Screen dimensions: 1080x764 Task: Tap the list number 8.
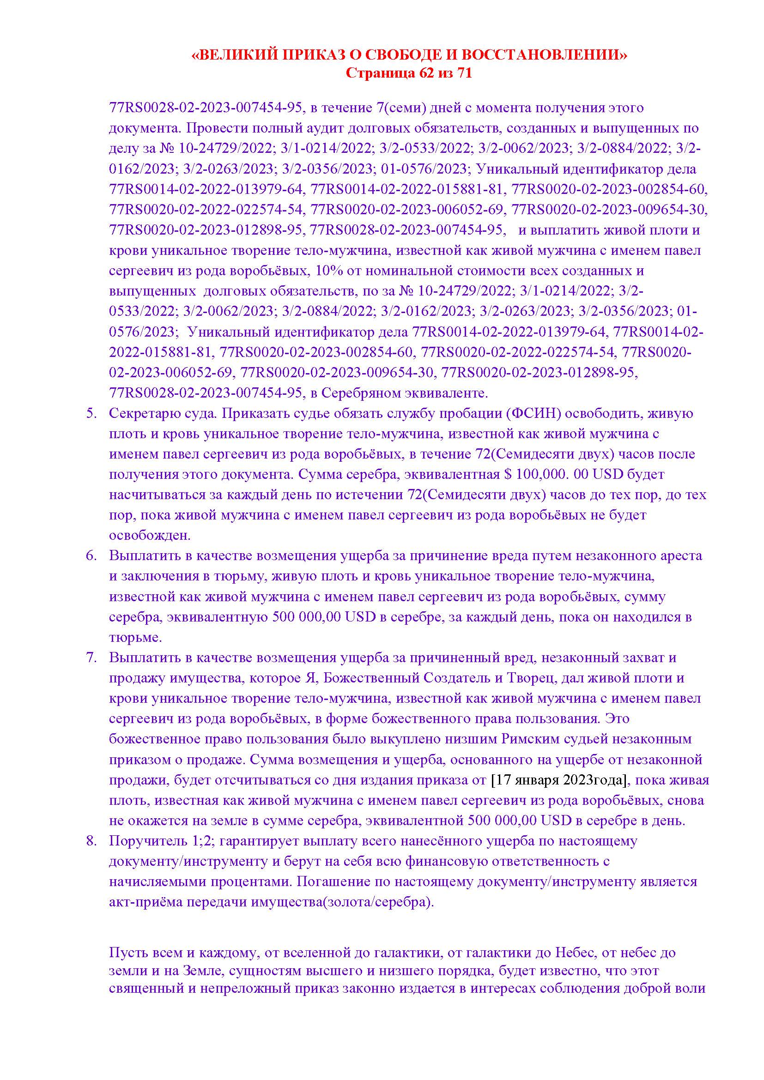click(x=91, y=840)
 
